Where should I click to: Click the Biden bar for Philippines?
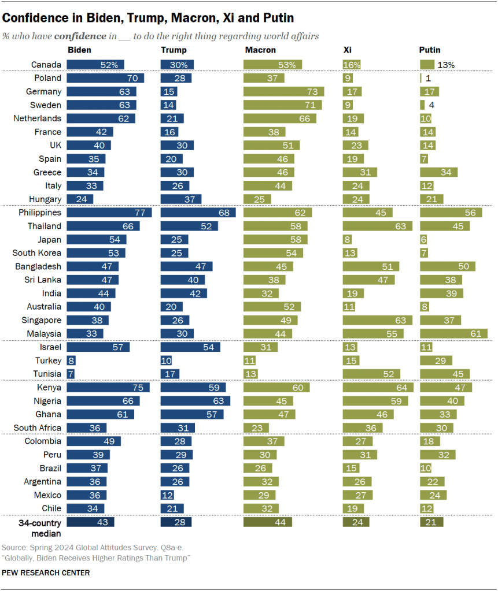point(109,213)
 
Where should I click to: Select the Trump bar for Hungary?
point(181,199)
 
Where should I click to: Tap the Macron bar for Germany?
point(283,91)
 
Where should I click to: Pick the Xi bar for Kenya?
point(378,388)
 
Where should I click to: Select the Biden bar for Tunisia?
point(71,374)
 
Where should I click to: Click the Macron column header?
point(260,51)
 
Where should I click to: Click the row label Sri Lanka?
point(44,280)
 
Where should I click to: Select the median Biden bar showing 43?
point(91,522)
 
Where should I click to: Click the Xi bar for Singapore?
point(378,321)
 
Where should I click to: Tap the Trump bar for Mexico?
point(167,495)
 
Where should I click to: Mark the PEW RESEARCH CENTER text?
point(46,573)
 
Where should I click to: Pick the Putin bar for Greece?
point(439,172)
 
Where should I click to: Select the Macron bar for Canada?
point(272,65)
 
